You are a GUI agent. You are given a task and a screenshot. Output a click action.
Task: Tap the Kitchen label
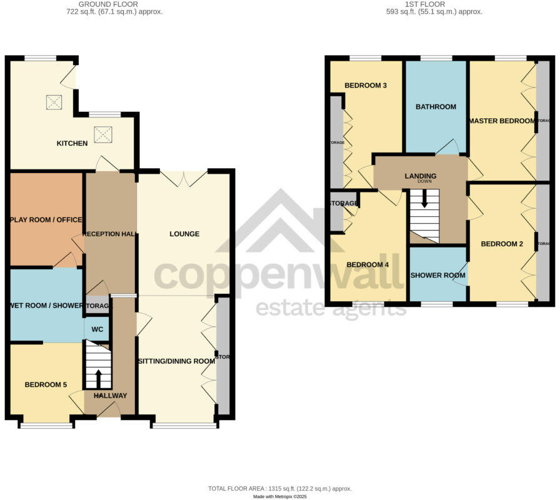72,144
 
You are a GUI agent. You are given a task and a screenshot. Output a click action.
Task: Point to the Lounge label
184,234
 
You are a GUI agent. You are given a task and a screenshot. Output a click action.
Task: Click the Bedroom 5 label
46,385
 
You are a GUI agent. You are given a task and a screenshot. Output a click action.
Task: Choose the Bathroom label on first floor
436,107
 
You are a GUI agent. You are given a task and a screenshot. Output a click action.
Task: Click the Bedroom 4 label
367,264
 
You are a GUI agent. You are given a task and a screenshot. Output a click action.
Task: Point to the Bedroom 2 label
501,244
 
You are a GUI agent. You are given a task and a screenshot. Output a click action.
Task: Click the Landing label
420,176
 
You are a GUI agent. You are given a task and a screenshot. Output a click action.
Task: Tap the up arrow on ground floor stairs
97,376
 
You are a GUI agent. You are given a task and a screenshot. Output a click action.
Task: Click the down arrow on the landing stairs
425,200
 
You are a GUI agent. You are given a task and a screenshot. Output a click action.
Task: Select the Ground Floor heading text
114,4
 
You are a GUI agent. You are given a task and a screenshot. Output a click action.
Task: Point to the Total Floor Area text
279,488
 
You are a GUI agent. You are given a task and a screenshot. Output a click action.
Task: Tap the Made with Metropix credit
279,496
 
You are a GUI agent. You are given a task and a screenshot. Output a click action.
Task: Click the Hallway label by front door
110,396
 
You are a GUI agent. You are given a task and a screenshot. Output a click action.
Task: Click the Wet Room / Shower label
46,305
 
